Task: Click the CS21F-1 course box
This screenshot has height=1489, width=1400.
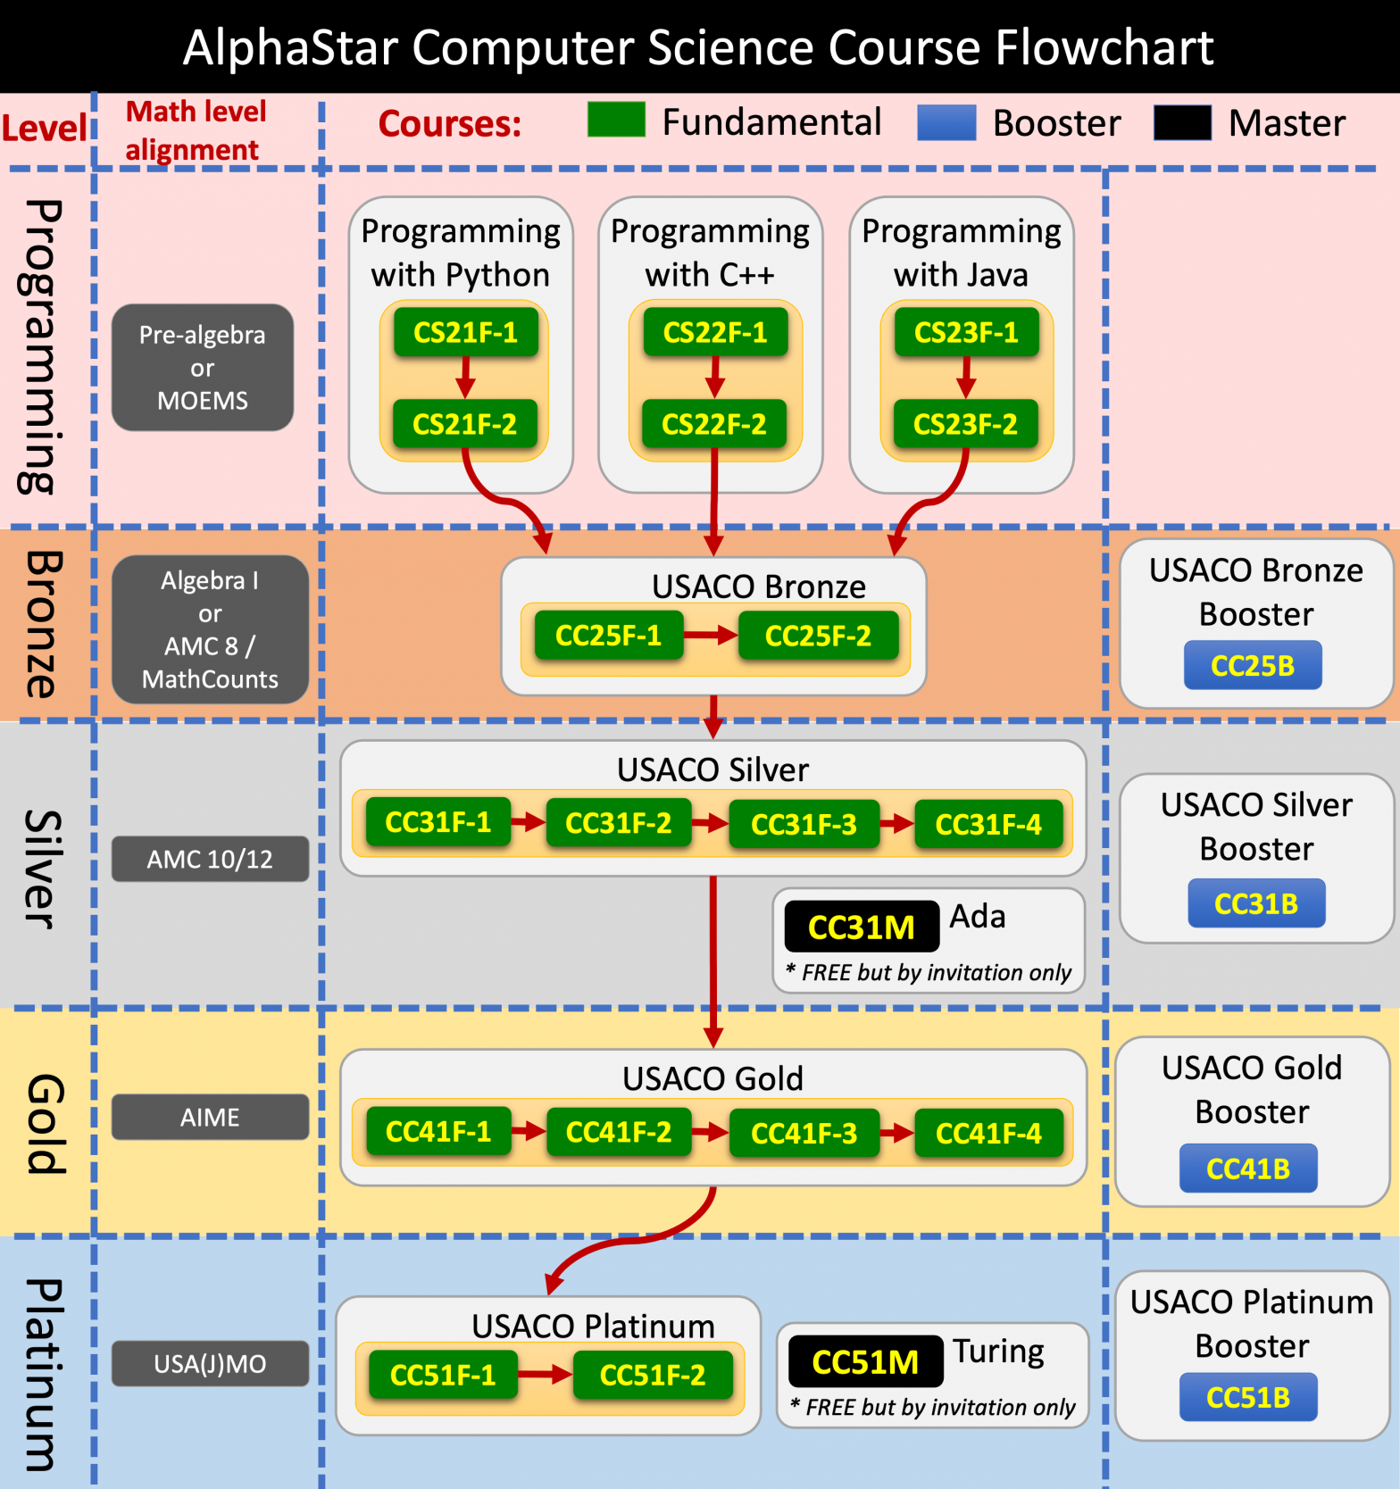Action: [x=465, y=332]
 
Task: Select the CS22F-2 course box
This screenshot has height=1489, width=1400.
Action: [x=713, y=424]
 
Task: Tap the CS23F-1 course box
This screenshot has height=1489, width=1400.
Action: [x=966, y=332]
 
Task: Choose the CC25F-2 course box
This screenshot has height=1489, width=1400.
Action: [x=818, y=636]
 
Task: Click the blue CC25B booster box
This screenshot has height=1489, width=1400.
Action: [x=1252, y=665]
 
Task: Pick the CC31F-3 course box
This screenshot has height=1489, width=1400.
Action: [x=804, y=824]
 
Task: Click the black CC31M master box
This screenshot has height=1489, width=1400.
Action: [x=861, y=927]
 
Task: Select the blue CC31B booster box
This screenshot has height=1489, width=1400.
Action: [x=1255, y=903]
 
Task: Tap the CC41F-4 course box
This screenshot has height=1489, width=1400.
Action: [x=988, y=1133]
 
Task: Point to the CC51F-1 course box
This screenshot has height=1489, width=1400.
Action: [x=443, y=1375]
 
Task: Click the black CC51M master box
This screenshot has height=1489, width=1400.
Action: [x=865, y=1361]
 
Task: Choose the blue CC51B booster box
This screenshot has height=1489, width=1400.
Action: [x=1247, y=1397]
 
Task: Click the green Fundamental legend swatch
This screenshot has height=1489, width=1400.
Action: [x=616, y=120]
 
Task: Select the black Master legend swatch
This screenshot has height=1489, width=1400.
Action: [x=1182, y=122]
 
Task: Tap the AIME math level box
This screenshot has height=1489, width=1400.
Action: [x=210, y=1117]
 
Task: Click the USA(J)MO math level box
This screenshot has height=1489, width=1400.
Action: [x=210, y=1363]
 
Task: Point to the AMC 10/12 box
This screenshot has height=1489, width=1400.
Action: [x=210, y=859]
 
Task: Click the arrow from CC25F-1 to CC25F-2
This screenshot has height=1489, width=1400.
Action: [x=711, y=636]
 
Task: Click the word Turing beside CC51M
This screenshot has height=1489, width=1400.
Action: [x=998, y=1352]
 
